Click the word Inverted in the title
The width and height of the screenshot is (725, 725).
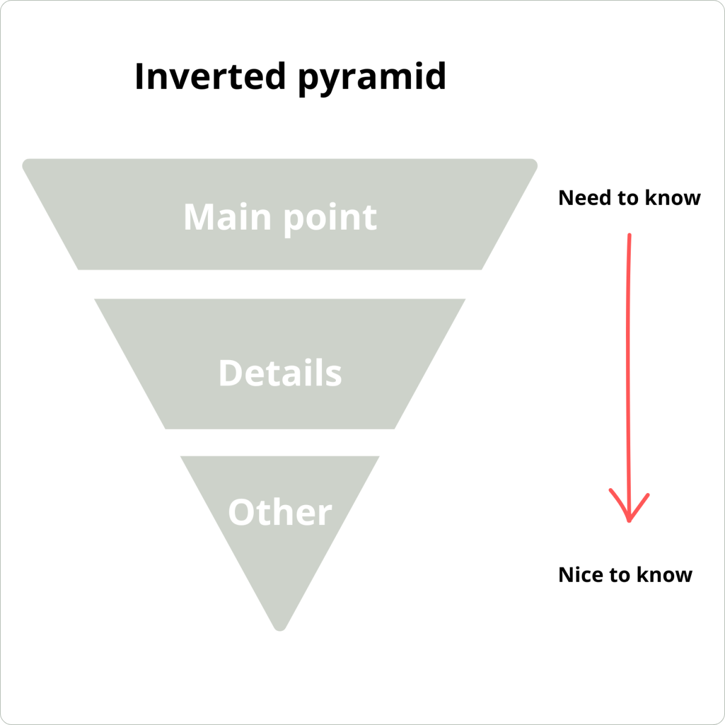(x=210, y=77)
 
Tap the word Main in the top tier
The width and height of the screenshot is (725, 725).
(x=227, y=217)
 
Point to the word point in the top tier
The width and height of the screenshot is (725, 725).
(x=330, y=218)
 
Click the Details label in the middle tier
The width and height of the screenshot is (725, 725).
(x=280, y=373)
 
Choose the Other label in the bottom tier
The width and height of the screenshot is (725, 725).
(x=280, y=512)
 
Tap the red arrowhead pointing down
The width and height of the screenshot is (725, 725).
(x=629, y=511)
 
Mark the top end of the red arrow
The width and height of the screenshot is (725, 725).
(x=630, y=236)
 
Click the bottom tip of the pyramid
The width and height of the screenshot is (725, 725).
(x=280, y=628)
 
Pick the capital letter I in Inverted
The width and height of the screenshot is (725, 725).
(x=140, y=77)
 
